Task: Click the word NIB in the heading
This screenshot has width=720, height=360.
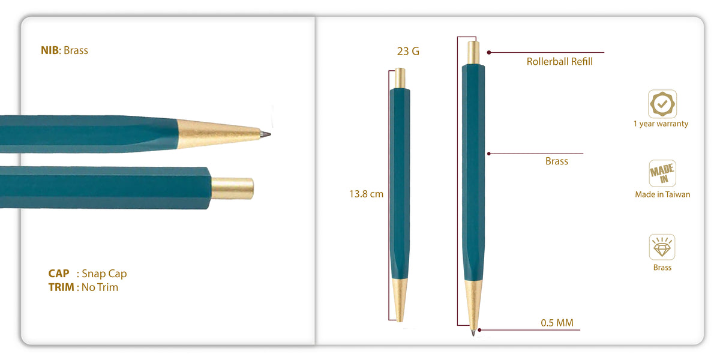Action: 49,50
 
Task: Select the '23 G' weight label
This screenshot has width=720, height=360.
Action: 408,51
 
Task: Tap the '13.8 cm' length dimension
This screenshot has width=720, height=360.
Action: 366,194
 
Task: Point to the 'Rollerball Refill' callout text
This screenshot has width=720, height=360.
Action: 559,61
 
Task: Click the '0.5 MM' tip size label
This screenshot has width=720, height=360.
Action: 557,322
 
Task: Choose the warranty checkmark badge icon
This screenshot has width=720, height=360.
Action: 662,104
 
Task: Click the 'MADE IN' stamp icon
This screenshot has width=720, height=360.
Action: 662,173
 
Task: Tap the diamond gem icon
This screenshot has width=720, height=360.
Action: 662,247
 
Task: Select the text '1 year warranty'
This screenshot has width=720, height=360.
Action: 661,124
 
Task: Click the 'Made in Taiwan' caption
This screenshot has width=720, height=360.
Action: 662,194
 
